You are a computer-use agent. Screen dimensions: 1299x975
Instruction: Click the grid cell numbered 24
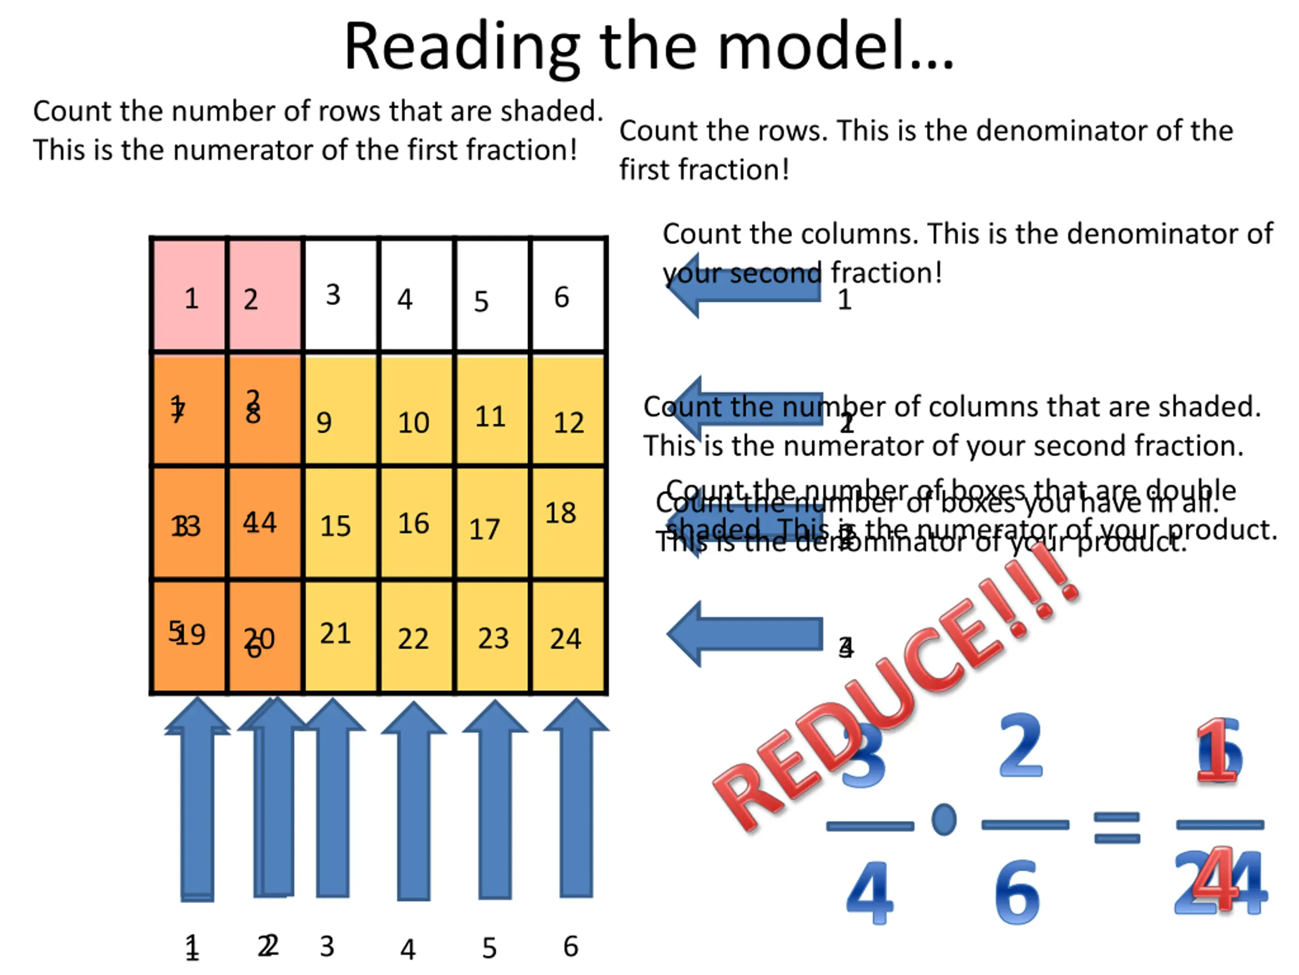567,638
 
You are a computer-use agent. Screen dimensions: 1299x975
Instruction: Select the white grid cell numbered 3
340,294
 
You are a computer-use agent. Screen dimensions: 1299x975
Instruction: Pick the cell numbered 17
492,523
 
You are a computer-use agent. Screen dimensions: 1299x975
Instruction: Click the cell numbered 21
340,638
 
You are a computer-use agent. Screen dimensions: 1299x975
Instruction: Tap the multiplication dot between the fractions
944,819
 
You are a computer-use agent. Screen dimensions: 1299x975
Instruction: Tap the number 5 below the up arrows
489,948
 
